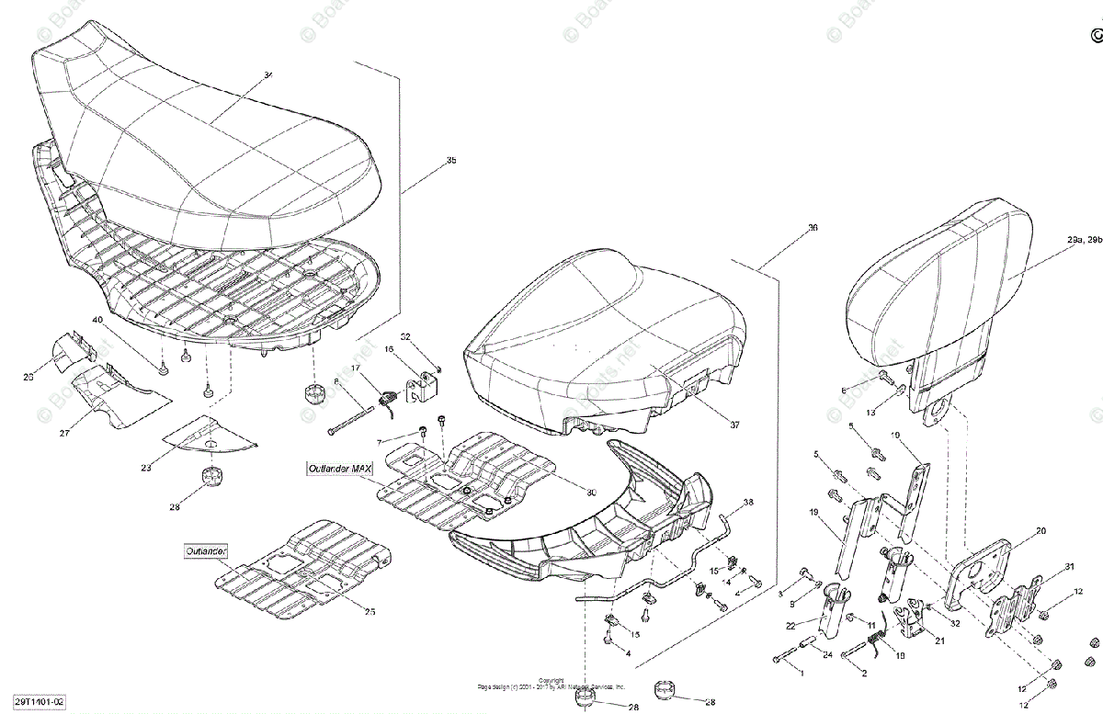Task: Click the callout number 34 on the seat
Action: pos(268,75)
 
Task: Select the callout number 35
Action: pos(450,161)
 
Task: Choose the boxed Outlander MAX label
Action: pos(340,468)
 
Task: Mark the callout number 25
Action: pos(370,612)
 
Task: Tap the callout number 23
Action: pos(146,468)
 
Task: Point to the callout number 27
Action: pos(64,433)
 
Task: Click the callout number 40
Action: pos(97,320)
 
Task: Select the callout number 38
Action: pos(748,503)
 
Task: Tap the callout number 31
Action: pos(1068,566)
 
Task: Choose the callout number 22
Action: pos(790,626)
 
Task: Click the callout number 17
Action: pos(356,368)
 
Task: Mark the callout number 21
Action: pos(939,640)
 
